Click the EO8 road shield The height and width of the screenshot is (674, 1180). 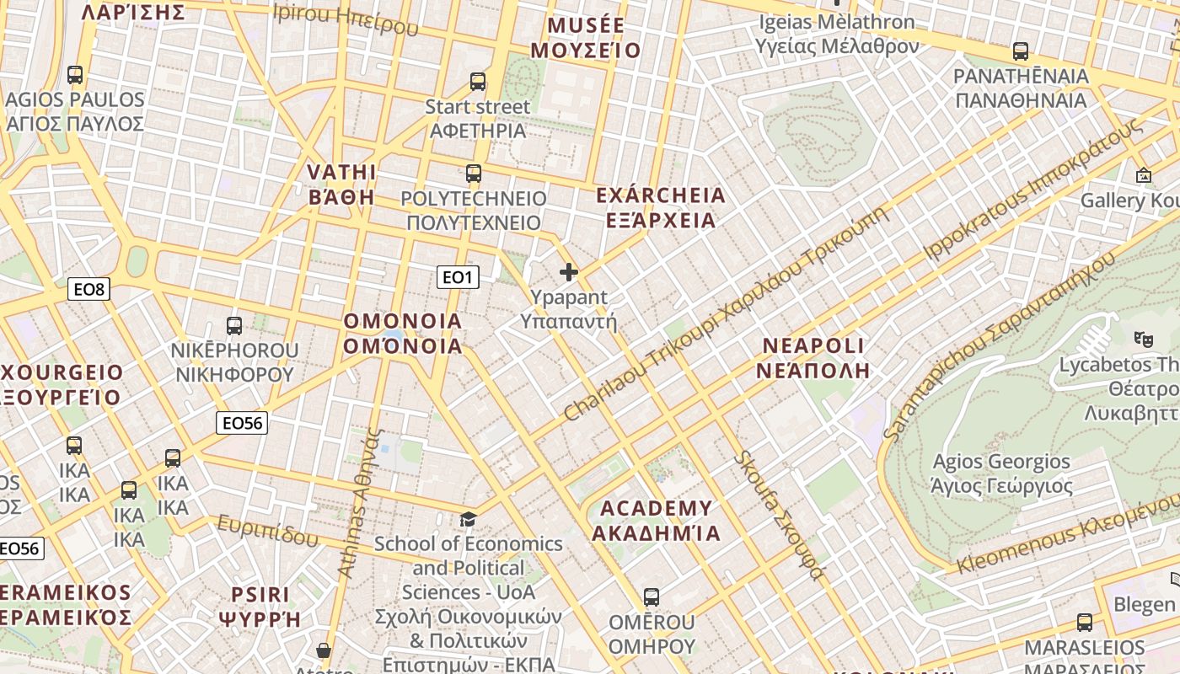click(x=88, y=290)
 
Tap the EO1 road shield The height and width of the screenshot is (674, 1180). click(x=458, y=276)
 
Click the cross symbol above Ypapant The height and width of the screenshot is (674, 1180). click(x=569, y=272)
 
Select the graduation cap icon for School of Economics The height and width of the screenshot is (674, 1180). click(x=468, y=519)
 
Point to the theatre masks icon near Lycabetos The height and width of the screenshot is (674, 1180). click(x=1143, y=340)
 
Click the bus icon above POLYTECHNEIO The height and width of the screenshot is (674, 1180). click(x=474, y=174)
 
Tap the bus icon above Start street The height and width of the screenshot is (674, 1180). click(x=478, y=82)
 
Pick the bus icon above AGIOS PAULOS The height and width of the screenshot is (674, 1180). click(x=75, y=75)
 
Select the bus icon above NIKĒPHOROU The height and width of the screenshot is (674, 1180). click(x=234, y=325)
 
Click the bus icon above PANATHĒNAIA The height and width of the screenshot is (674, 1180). click(x=1021, y=51)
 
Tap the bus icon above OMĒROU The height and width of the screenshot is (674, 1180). click(x=651, y=597)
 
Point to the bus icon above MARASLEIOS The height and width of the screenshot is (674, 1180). click(x=1085, y=623)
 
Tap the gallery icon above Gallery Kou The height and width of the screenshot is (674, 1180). click(x=1144, y=175)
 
